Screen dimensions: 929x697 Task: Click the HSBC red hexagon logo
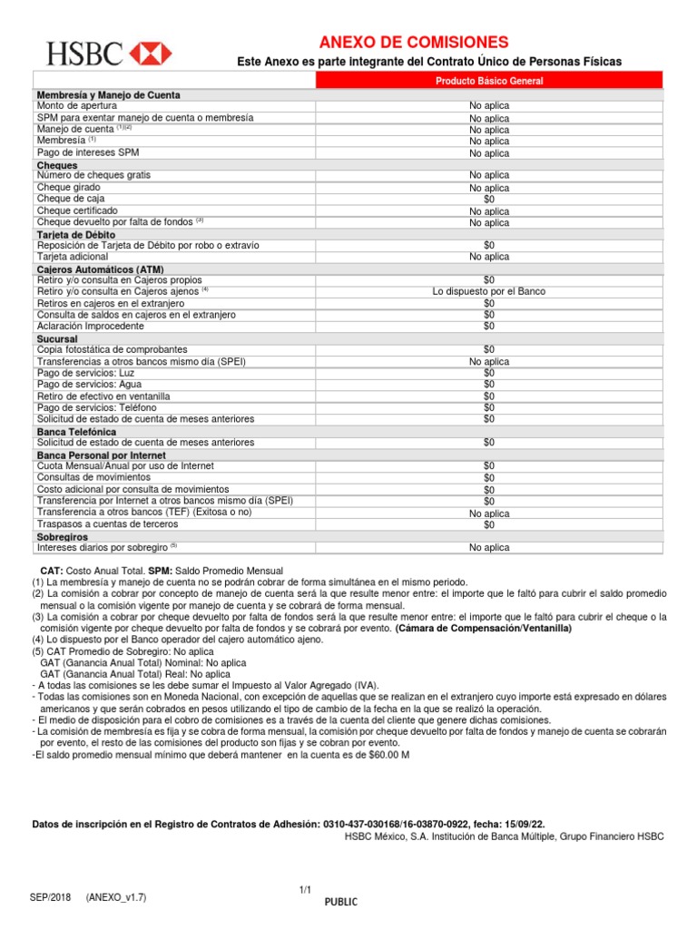[x=152, y=54]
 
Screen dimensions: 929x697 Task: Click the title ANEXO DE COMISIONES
[x=413, y=43]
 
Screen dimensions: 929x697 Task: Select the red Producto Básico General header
[x=489, y=82]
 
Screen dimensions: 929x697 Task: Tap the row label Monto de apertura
[x=77, y=106]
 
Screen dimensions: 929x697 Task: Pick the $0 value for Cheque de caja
[x=489, y=199]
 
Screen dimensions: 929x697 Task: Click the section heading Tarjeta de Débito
[x=75, y=235]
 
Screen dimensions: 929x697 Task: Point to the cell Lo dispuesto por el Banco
[x=489, y=291]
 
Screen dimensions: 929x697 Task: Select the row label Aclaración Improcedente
[x=90, y=326]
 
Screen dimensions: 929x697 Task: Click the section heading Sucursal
[x=57, y=338]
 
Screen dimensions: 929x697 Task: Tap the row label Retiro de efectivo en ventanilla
[x=103, y=396]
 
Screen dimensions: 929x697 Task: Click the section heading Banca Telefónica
[x=76, y=431]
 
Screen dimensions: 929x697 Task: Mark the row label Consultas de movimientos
[x=93, y=477]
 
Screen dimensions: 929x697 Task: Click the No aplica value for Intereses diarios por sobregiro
[x=489, y=548]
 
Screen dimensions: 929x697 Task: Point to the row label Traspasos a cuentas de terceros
[x=107, y=524]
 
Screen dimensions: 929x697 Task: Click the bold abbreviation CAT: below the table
[x=51, y=571]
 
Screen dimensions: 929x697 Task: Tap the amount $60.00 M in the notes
[x=388, y=755]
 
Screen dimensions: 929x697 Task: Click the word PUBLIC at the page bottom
[x=341, y=902]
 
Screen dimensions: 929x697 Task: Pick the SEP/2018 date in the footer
[x=50, y=896]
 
